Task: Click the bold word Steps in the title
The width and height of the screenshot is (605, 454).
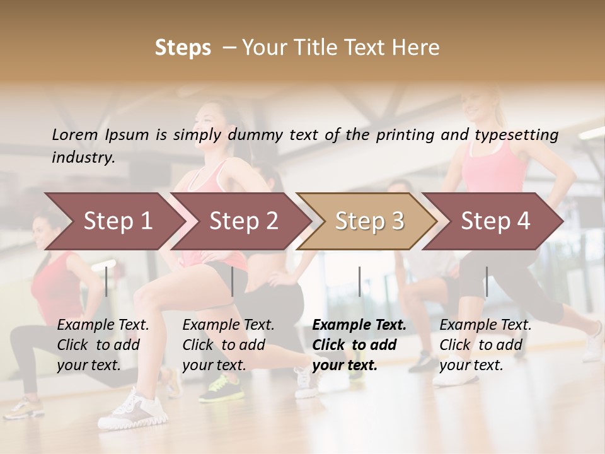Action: point(183,48)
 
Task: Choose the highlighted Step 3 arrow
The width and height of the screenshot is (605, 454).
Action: point(369,221)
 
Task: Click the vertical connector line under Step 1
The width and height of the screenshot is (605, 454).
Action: point(107,281)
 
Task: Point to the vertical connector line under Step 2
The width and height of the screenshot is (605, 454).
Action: point(233,281)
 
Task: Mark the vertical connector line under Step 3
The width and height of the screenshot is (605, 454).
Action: point(359,281)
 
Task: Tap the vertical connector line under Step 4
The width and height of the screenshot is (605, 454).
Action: point(487,281)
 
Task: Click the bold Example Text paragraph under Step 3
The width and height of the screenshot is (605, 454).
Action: point(359,345)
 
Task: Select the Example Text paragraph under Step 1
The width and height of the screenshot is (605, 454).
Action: point(103,345)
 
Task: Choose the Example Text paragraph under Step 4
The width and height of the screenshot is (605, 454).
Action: point(485,345)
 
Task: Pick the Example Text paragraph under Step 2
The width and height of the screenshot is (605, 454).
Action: point(228,345)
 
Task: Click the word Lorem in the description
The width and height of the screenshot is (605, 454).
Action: point(75,135)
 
